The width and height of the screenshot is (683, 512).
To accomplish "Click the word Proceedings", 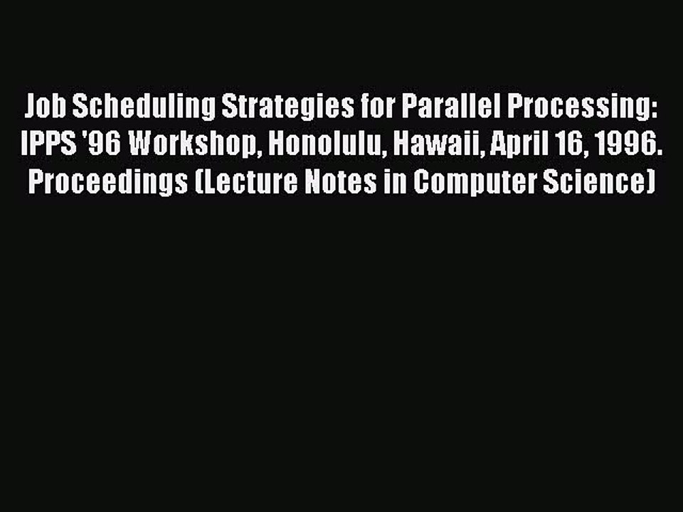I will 105,182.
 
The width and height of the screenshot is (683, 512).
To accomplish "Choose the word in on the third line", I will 398,182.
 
